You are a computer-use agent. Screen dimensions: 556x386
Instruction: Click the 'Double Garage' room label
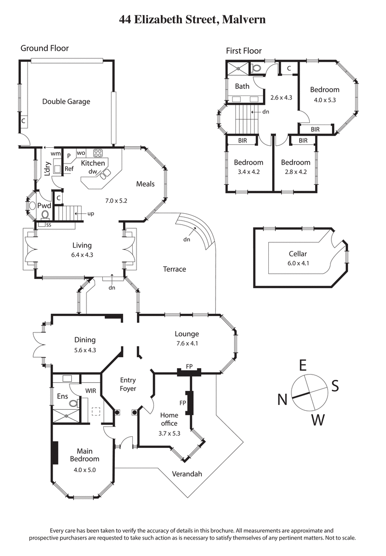click(66, 101)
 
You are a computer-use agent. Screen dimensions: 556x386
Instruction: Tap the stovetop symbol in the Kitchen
click(97, 153)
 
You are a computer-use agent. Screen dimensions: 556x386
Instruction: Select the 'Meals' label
click(145, 184)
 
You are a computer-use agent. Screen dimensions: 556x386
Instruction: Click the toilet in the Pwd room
click(45, 214)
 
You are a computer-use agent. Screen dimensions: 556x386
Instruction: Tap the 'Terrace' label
click(174, 269)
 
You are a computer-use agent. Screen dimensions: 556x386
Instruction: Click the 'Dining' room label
click(85, 340)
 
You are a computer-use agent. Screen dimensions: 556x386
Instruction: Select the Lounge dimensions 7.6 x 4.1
click(186, 344)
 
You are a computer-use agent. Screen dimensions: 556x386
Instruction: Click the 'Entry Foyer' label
click(128, 384)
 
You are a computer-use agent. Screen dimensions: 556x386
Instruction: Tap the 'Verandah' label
click(187, 474)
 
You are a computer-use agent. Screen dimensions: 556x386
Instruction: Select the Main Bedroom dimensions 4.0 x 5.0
click(85, 469)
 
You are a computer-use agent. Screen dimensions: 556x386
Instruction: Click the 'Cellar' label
click(298, 254)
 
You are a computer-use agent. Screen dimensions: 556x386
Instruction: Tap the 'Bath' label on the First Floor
click(242, 86)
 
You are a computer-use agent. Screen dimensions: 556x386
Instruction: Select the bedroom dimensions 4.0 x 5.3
click(324, 100)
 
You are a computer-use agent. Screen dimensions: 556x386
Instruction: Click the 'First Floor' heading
click(244, 51)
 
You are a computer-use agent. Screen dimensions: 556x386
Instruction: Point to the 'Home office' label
click(169, 419)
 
